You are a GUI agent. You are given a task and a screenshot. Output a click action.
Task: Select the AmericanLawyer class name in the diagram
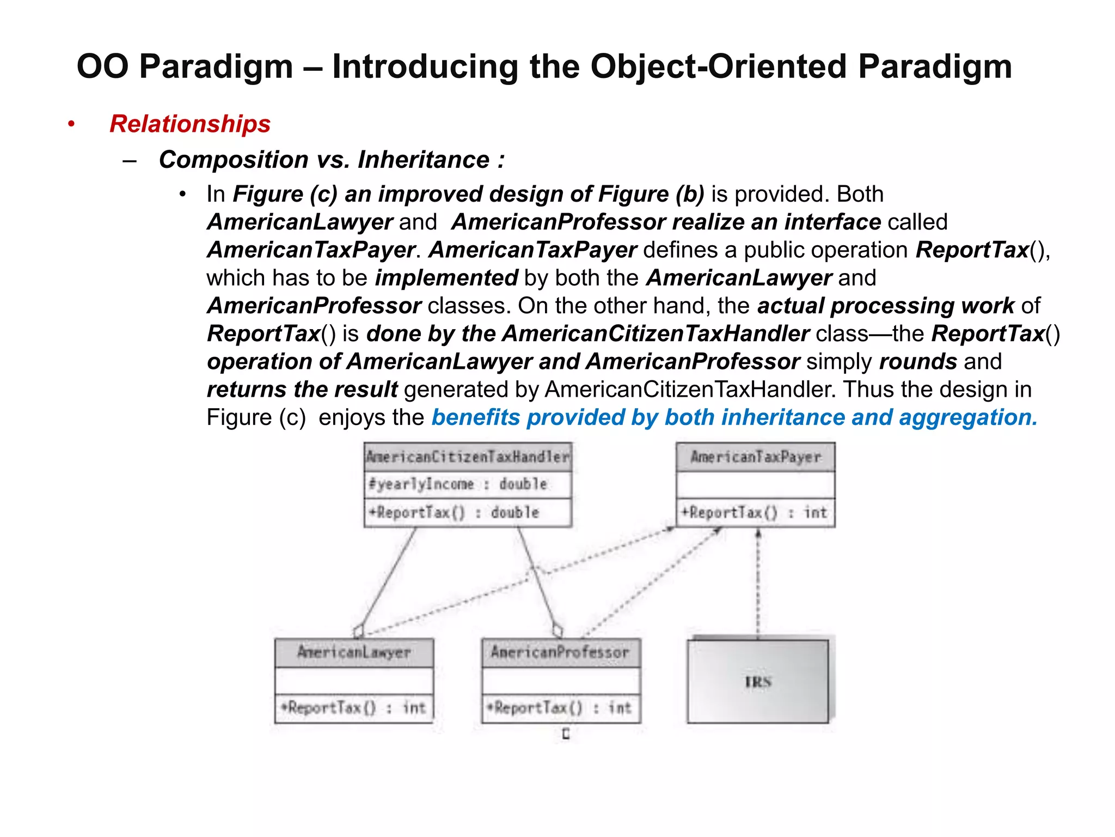[354, 652]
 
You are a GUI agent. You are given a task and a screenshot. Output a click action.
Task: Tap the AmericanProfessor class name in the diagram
[560, 652]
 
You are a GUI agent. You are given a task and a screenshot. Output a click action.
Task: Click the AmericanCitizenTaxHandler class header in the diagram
[468, 457]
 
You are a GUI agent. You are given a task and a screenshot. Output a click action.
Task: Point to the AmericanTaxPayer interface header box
[755, 457]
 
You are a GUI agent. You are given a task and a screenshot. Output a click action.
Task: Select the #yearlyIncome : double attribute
[458, 484]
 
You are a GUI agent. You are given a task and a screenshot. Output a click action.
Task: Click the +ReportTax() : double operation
[454, 512]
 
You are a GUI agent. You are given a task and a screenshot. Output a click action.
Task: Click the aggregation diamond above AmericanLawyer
[358, 631]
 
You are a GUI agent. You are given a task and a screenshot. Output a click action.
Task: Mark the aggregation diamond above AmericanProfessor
[557, 630]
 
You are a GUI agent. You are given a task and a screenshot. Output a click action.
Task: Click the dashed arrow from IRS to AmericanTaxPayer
[758, 583]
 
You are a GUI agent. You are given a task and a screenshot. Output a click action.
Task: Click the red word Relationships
[190, 124]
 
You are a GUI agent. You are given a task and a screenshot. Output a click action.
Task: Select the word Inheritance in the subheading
[424, 160]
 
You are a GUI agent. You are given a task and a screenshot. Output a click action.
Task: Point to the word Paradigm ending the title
[935, 66]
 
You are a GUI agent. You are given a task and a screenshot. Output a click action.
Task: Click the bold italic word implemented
[446, 278]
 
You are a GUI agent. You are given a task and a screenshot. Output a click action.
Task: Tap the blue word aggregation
[968, 417]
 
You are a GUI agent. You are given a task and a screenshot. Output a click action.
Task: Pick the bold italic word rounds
[918, 362]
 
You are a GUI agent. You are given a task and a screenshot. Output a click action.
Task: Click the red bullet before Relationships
[71, 124]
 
